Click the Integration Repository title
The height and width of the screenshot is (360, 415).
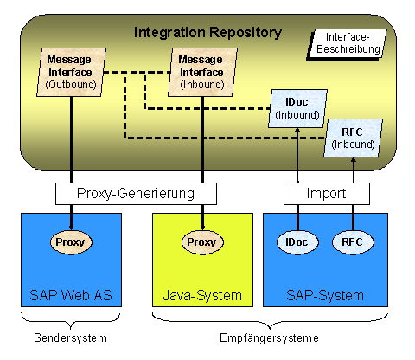tap(207, 33)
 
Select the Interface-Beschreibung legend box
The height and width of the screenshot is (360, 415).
tap(347, 44)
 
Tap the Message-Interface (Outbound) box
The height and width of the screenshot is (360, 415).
tap(71, 72)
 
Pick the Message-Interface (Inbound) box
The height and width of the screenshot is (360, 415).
tap(202, 72)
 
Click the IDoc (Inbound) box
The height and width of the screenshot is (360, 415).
tap(297, 108)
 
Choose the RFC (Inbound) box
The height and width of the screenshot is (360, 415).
tap(353, 138)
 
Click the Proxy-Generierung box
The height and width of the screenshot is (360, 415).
tap(136, 194)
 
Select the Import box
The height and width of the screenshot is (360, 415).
tap(327, 194)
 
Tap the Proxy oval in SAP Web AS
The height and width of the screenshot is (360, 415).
tap(71, 242)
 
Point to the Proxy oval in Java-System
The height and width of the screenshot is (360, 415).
tap(202, 242)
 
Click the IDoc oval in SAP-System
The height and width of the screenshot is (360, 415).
tap(297, 242)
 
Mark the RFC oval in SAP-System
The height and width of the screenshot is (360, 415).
tap(353, 242)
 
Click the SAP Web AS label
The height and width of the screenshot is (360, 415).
tap(71, 295)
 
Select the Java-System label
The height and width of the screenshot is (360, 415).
tap(202, 296)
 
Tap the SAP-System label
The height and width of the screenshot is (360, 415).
tap(325, 296)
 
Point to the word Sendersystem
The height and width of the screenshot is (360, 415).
tap(70, 337)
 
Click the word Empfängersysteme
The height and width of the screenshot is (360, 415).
tap(269, 337)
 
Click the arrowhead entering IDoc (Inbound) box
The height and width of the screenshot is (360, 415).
tap(297, 131)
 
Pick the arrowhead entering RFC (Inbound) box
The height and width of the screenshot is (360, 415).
tap(354, 160)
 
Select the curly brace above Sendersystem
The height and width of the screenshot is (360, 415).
tap(71, 321)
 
